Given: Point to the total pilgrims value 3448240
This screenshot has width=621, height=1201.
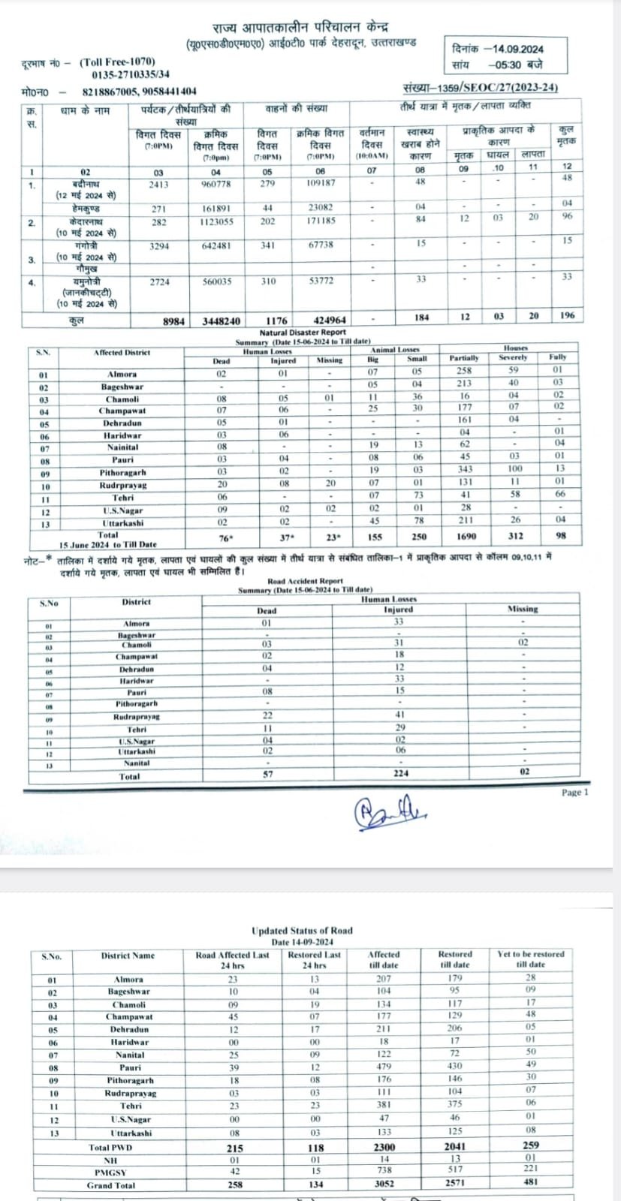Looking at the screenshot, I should pos(222,321).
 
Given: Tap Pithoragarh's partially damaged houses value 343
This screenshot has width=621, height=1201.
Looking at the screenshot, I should pos(465,469).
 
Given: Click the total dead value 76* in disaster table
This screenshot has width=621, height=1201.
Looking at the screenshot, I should pos(222,537).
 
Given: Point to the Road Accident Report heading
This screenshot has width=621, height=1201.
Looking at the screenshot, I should pos(305,581).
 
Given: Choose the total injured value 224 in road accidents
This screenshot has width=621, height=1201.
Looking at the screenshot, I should pos(399,773).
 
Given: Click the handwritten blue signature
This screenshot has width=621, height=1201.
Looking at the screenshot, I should pos(390,811).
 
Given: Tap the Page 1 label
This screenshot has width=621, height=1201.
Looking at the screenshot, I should pos(575,793).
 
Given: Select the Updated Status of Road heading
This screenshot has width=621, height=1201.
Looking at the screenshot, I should pos(302,931).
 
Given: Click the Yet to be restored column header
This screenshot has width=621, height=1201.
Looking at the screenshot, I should pos(530,959).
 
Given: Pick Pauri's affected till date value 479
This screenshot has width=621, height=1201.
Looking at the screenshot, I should pos(384,1067).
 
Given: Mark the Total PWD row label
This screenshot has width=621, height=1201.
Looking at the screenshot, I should pos(110,1148).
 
